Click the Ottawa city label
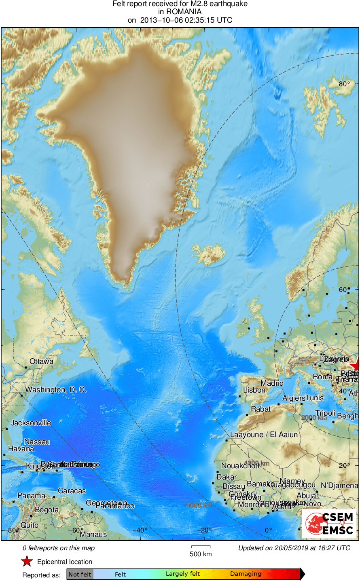[41, 361]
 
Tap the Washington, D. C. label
[56, 390]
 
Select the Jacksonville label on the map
[31, 423]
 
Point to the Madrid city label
[272, 383]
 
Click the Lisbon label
[254, 390]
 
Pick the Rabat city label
[260, 409]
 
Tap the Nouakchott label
[241, 466]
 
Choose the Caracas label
[72, 491]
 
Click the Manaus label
[93, 535]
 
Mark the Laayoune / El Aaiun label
[264, 435]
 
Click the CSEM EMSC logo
[329, 524]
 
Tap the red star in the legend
[27, 562]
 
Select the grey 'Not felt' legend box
[80, 574]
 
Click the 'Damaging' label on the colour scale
[246, 574]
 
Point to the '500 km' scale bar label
[201, 554]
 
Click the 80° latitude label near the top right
[345, 84]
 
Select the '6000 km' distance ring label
[199, 505]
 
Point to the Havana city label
[21, 449]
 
